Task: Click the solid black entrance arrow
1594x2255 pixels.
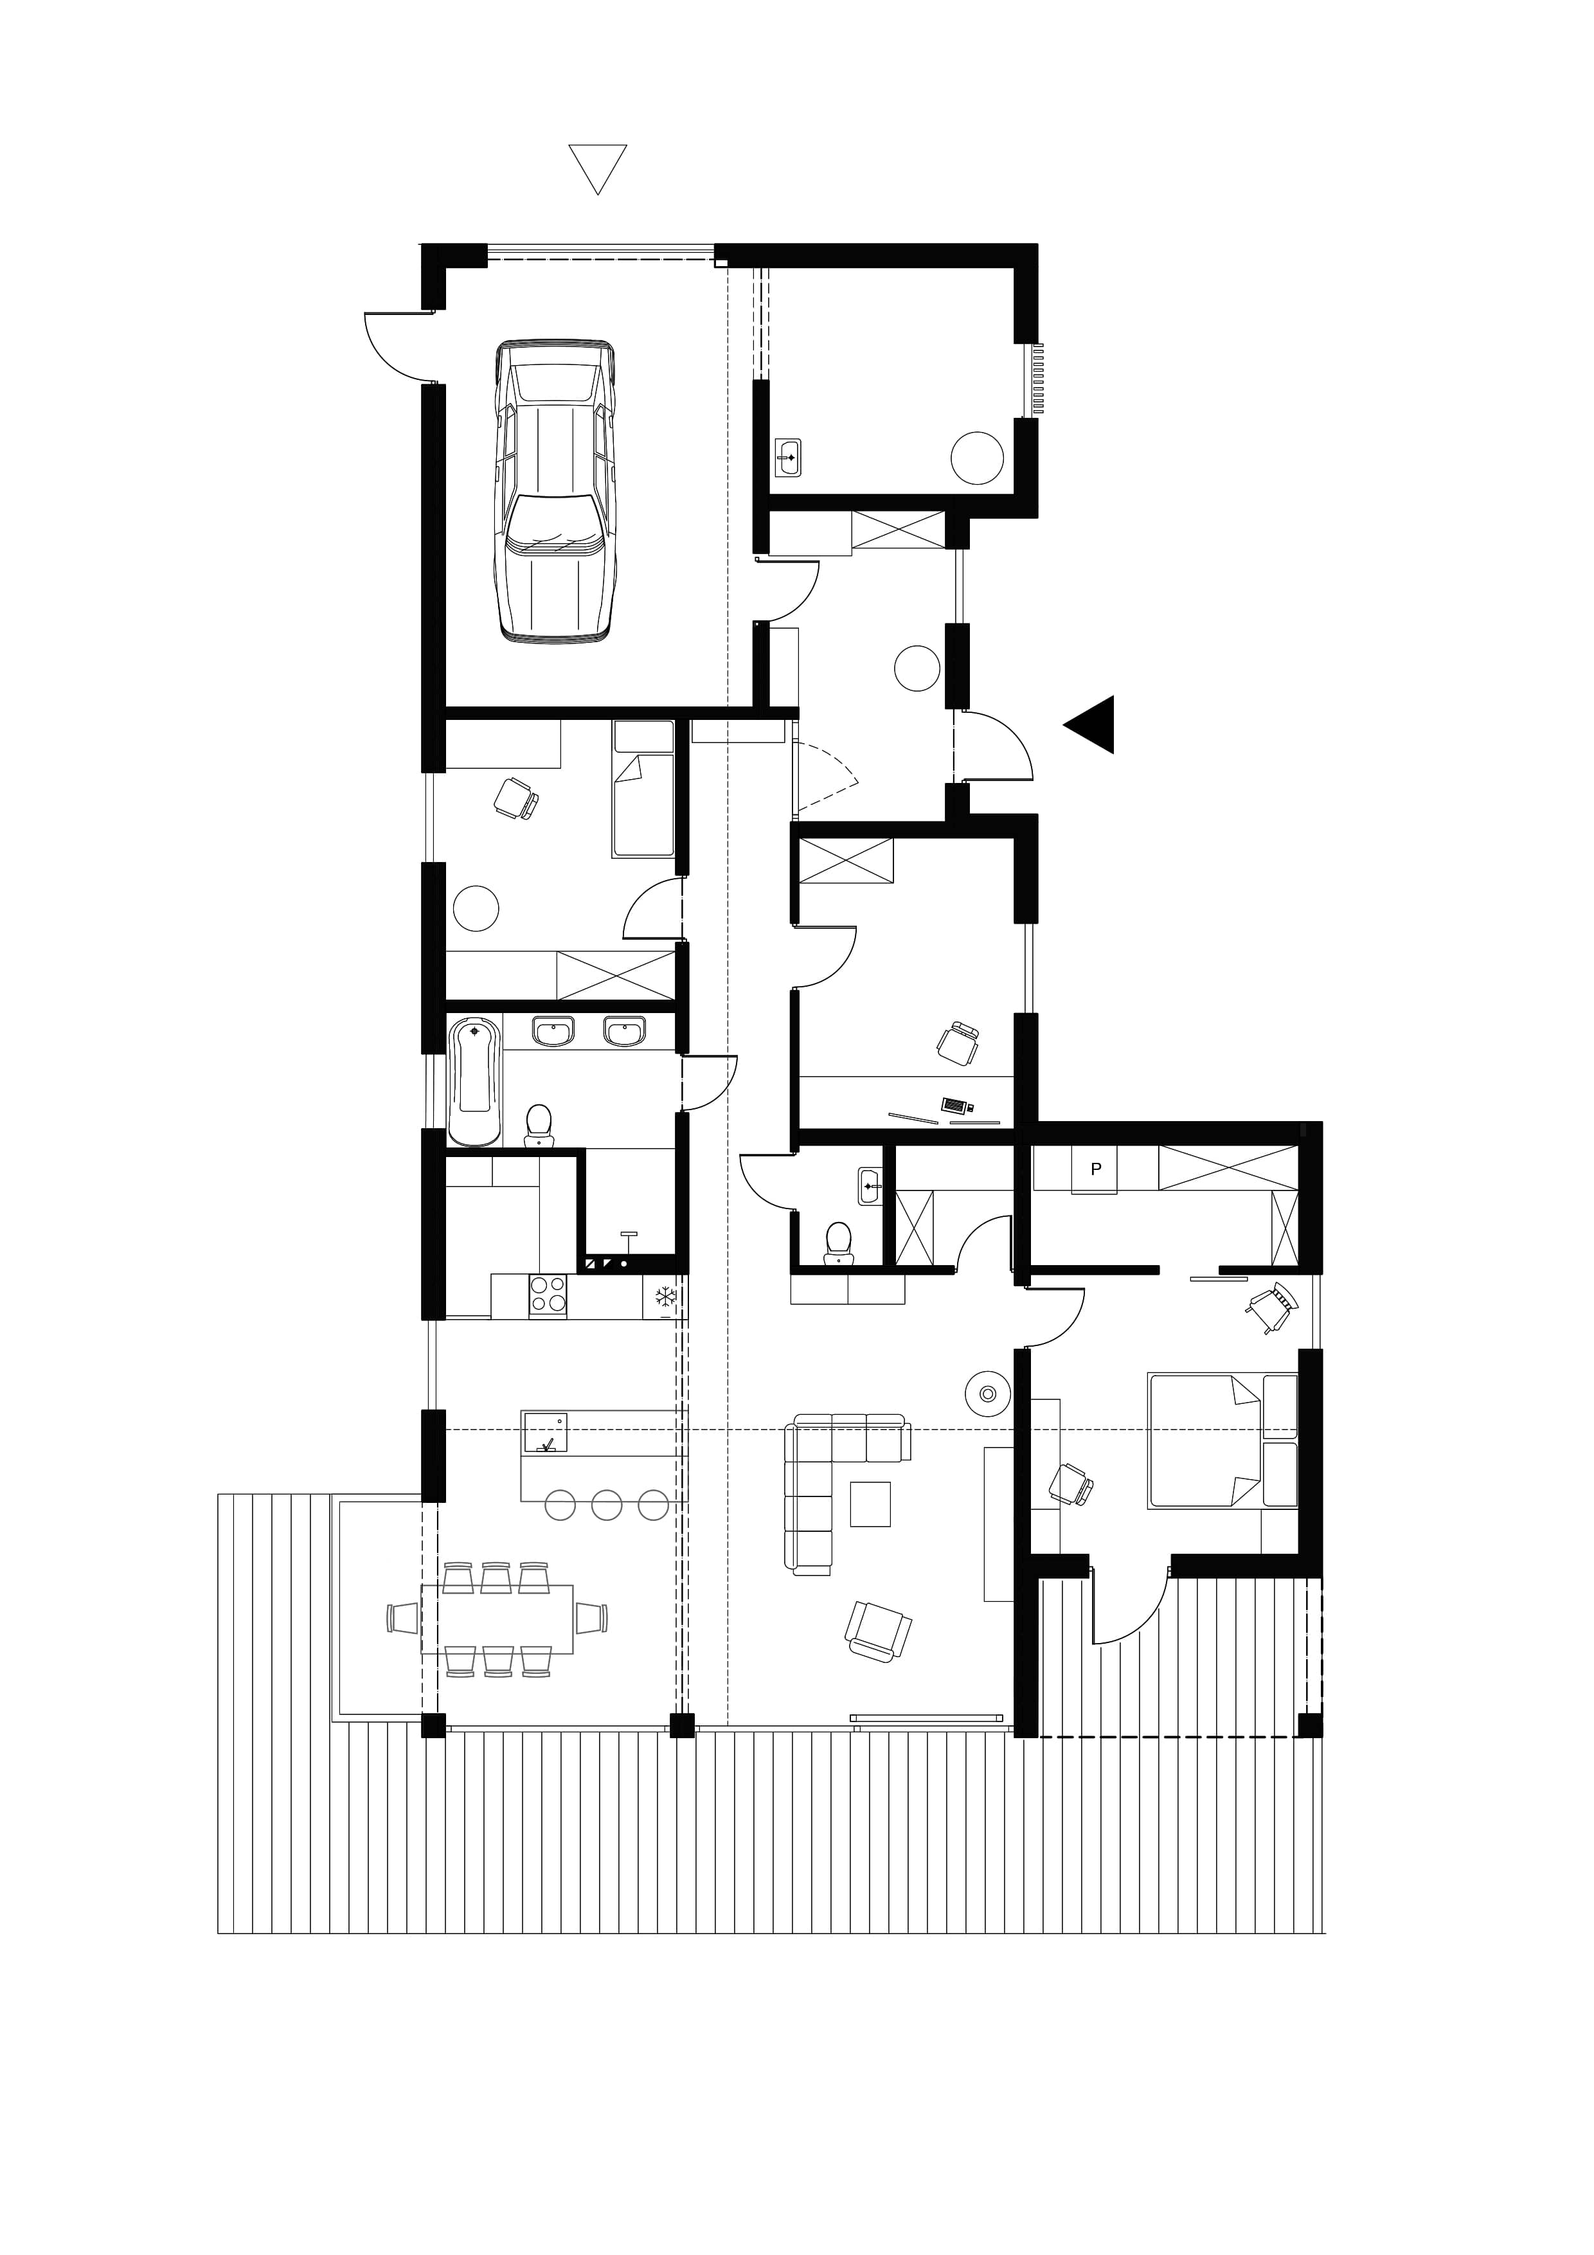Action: click(x=1090, y=724)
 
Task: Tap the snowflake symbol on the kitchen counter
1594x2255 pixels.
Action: click(x=666, y=1297)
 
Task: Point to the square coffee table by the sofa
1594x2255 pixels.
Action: click(x=870, y=1504)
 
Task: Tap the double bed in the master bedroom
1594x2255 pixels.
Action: click(x=1222, y=1441)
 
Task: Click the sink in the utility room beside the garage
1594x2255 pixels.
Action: click(x=787, y=458)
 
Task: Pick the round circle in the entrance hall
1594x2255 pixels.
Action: click(x=917, y=668)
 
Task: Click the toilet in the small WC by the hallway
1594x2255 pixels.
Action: click(x=837, y=1239)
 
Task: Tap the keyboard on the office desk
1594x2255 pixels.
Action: click(x=954, y=1105)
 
